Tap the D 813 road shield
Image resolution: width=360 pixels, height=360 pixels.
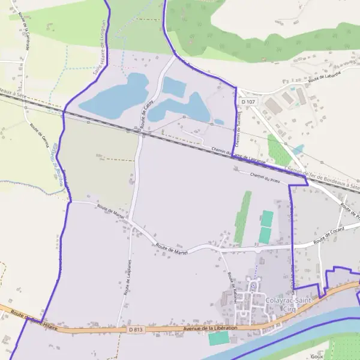tap(136, 329)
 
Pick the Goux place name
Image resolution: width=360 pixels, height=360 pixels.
tap(335, 356)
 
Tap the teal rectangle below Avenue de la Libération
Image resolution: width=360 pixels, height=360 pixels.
tap(218, 338)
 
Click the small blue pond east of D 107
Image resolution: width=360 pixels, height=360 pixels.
tap(298, 149)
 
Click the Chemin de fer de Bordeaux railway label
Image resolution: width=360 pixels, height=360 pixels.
tap(324, 179)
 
